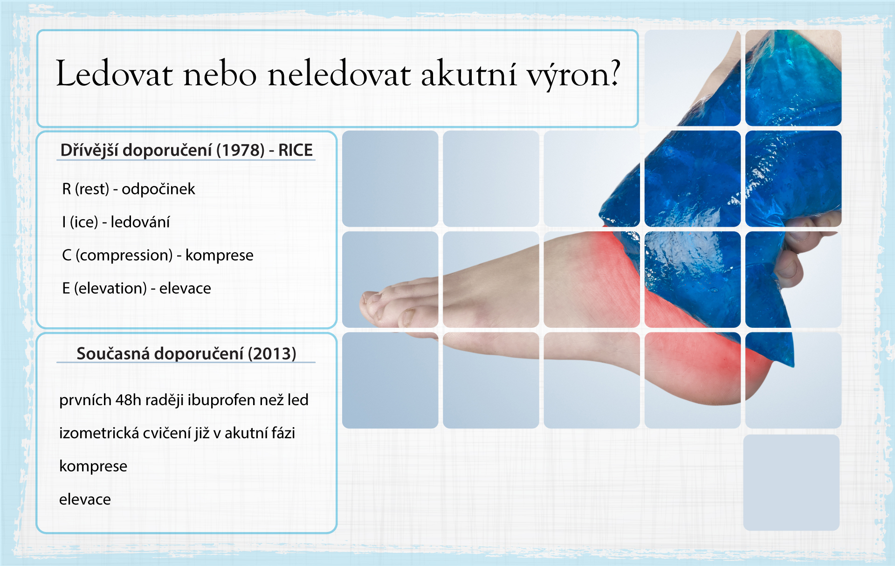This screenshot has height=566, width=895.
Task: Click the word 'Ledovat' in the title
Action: coord(114,74)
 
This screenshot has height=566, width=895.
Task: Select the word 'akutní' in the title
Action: coord(468,74)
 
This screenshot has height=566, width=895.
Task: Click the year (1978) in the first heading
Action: coord(241,150)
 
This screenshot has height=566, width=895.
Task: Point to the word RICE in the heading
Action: coord(296,150)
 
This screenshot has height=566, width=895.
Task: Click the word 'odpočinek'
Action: coord(158,189)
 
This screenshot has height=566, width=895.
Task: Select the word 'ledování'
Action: coord(140,222)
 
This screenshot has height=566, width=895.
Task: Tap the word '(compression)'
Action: coord(124,255)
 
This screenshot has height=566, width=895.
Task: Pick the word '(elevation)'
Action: coord(110,288)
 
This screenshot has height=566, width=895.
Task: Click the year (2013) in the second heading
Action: coord(272,353)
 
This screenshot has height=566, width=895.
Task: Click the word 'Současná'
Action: coord(113,353)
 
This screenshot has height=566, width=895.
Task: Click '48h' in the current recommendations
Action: coord(128,400)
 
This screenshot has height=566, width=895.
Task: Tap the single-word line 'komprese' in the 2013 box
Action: coord(93,466)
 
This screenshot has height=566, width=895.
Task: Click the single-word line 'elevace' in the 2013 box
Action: coord(85,499)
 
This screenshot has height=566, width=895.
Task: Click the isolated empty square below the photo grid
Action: coord(792,483)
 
